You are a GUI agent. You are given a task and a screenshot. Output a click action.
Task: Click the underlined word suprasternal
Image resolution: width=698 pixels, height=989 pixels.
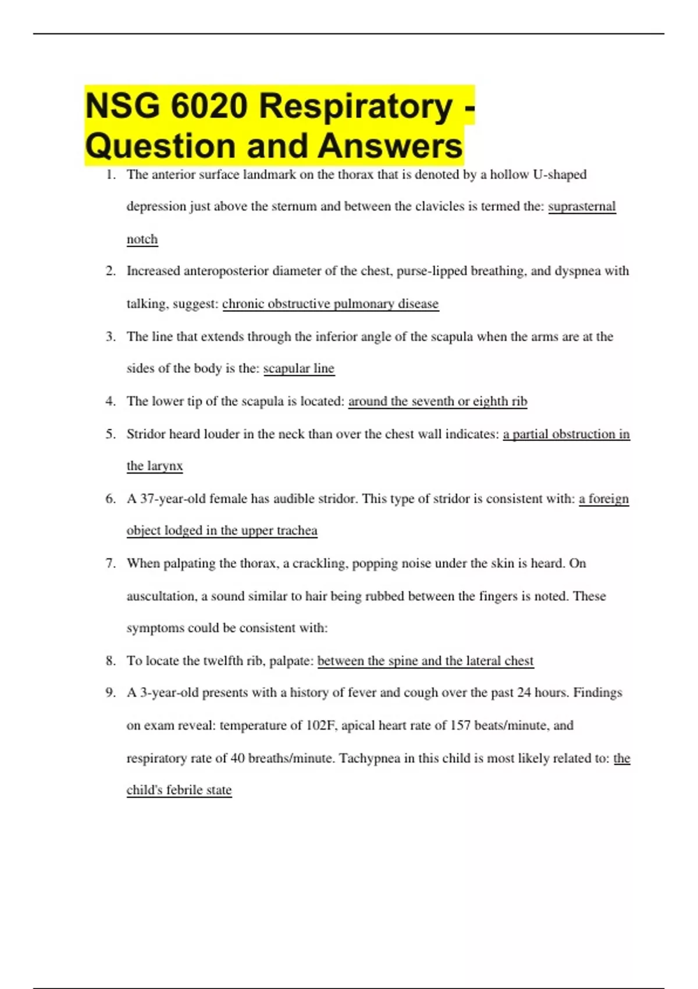pos(582,207)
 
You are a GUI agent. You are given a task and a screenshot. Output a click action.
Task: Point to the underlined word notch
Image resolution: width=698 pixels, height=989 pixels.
pos(142,239)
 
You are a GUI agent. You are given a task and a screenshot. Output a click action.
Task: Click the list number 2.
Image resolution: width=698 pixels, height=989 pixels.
pos(111,271)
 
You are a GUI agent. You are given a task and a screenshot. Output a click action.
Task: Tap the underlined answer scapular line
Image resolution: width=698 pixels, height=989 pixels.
pos(299,368)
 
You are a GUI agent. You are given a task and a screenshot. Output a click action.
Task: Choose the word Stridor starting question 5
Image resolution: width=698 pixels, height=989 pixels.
pos(145,434)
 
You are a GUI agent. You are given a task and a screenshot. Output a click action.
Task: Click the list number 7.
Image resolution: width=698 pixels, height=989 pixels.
pos(111,563)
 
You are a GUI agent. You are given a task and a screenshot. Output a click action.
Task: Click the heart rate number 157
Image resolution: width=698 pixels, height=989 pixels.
pos(461,725)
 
